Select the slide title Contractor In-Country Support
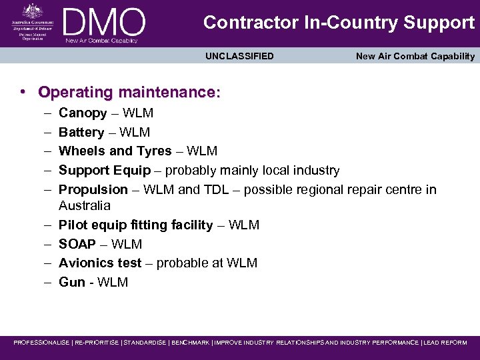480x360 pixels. (x=339, y=23)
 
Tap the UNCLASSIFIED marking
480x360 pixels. (x=239, y=56)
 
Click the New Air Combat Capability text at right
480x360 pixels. (x=415, y=56)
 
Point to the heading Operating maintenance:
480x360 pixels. (x=129, y=92)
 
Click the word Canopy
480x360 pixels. (x=83, y=113)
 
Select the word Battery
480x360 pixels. (x=81, y=133)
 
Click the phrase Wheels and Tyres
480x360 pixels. (x=115, y=151)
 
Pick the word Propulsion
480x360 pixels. (x=93, y=189)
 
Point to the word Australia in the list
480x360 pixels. (x=85, y=205)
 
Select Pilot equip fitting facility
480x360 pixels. (x=136, y=225)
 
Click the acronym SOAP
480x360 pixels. (x=77, y=244)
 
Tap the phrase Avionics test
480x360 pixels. (x=100, y=263)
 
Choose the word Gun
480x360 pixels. (x=72, y=282)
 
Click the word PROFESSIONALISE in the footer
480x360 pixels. (x=41, y=343)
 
